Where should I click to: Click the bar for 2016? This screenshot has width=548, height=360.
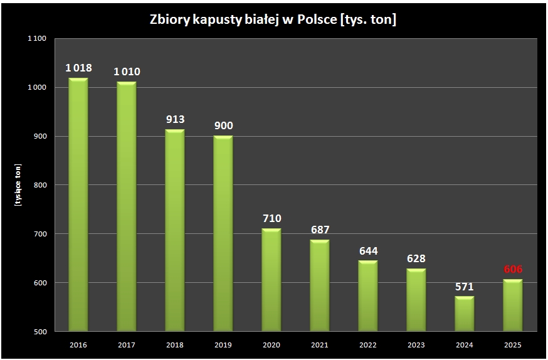[x=78, y=204]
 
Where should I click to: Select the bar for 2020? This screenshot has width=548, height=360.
[x=271, y=280]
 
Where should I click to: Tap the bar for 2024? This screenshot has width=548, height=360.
[x=464, y=314]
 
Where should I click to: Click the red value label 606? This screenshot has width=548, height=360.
[x=512, y=269]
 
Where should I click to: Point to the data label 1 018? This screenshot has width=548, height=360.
[x=78, y=68]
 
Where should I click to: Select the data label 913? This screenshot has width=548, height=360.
[x=175, y=119]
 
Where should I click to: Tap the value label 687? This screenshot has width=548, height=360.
[x=319, y=230]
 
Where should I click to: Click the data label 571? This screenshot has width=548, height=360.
[x=464, y=286]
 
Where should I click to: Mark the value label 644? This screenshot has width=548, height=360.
[x=367, y=250]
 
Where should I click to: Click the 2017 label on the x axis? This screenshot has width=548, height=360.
[x=127, y=345]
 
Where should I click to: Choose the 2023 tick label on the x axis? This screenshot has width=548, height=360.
[x=416, y=345]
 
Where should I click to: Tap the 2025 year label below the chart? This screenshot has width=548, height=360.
[x=512, y=345]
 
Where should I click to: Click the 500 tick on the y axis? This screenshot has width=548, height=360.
[x=40, y=331]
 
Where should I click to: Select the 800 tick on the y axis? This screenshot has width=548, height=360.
[x=40, y=185]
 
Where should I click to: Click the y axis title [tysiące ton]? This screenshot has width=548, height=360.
[x=19, y=185]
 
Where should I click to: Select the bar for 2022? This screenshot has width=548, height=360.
[x=367, y=296]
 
